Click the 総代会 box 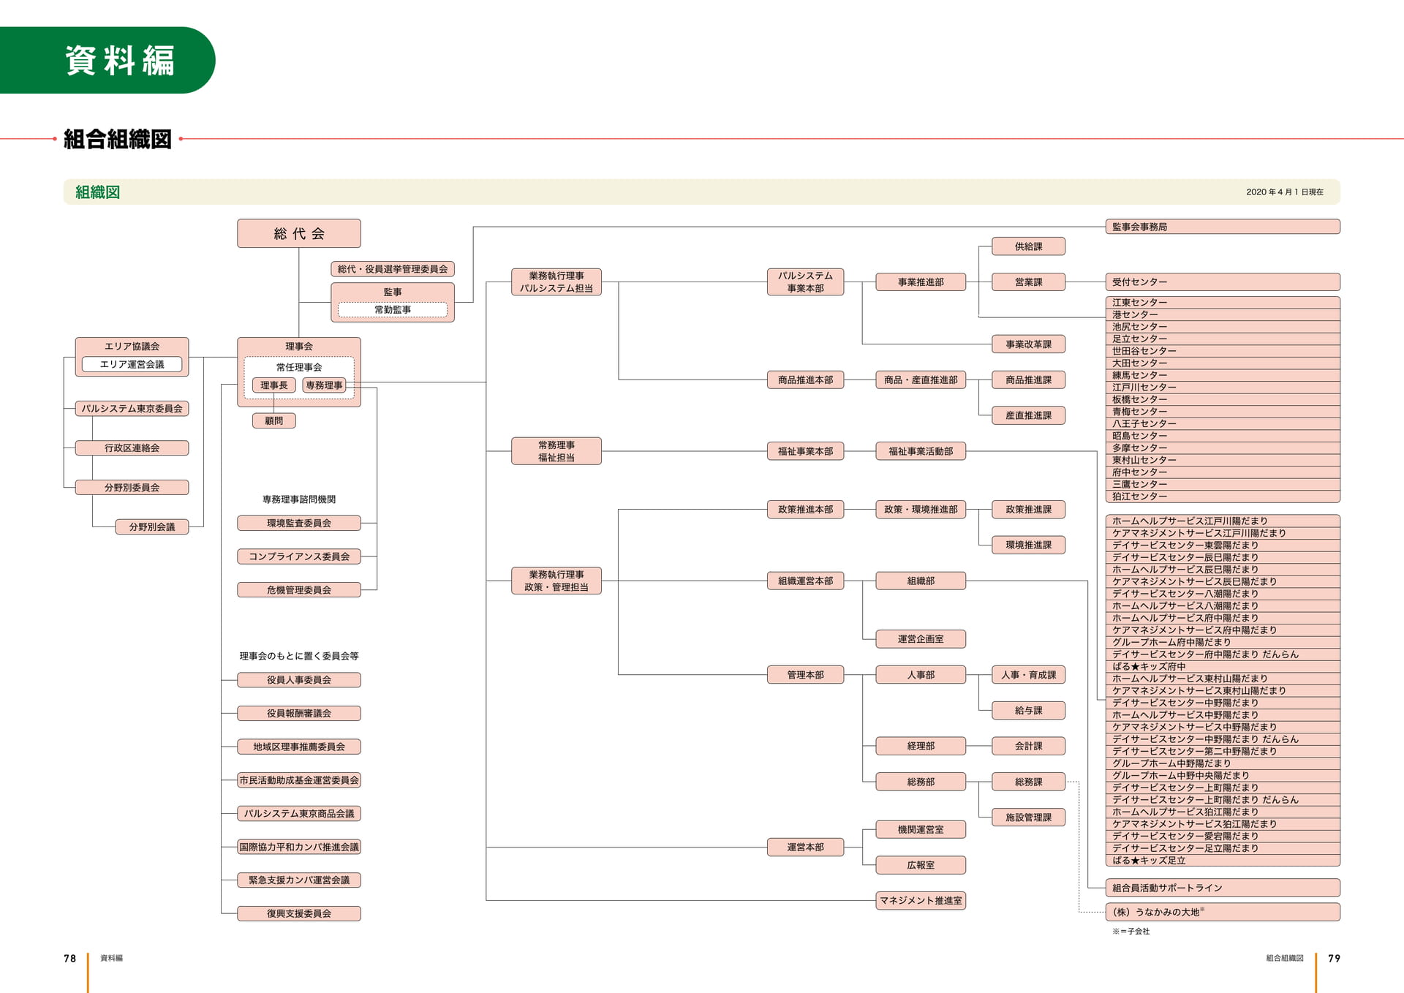coord(298,233)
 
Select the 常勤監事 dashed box coord(393,309)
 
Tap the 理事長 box coord(274,385)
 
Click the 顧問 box coord(274,420)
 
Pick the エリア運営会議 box coord(132,364)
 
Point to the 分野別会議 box coord(152,526)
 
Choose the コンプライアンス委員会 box coord(298,556)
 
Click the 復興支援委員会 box coord(298,913)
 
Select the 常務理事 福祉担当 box coord(556,451)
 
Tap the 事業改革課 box coord(1028,344)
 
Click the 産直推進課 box coord(1028,415)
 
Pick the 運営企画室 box coord(921,639)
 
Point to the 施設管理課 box coord(1028,818)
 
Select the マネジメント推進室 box coord(921,900)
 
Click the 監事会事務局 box coord(1223,227)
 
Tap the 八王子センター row coord(1223,423)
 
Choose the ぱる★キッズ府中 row coord(1223,666)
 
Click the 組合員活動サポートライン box coord(1223,888)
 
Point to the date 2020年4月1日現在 coord(1285,192)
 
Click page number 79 coord(1334,958)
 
